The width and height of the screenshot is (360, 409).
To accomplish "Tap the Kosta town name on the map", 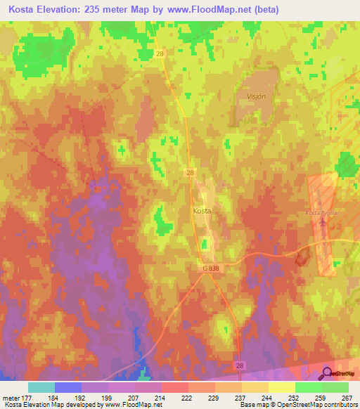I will click(202, 210).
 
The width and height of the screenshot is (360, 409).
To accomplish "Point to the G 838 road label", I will click(219, 268).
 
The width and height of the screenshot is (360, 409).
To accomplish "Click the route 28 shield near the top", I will click(160, 53).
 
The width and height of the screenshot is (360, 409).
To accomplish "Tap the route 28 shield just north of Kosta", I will click(191, 172).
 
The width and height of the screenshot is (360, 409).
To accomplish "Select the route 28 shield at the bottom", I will click(240, 366).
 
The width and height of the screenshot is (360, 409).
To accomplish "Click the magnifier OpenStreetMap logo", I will click(328, 374).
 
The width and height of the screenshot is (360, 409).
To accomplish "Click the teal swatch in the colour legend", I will click(41, 387).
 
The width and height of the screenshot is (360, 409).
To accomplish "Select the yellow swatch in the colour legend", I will click(282, 387).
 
